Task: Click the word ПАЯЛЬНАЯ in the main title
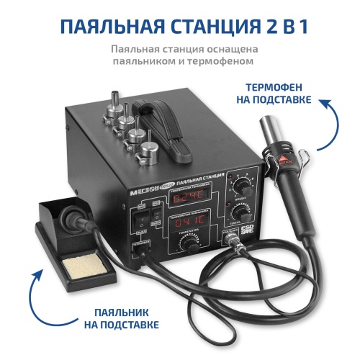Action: pyautogui.click(x=105, y=28)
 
